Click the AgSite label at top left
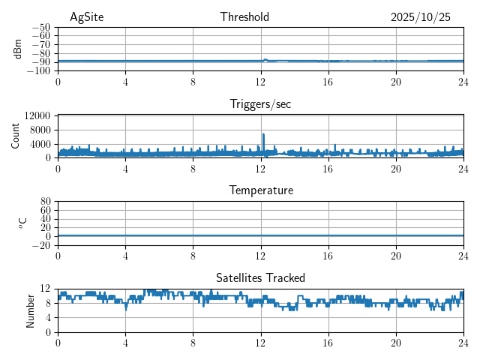(x=86, y=17)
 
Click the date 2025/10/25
(x=421, y=17)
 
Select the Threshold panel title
(x=244, y=17)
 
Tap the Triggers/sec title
(x=260, y=104)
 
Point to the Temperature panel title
(x=260, y=190)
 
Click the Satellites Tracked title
(x=260, y=277)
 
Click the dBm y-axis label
(x=18, y=48)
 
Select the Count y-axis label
(x=15, y=136)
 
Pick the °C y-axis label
(x=22, y=223)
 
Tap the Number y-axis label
(x=31, y=310)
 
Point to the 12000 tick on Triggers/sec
(x=37, y=115)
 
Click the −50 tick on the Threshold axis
(x=40, y=27)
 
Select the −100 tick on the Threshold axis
(x=38, y=71)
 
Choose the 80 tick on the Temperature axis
(x=45, y=202)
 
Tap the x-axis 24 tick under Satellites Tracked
(x=463, y=342)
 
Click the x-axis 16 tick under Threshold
(x=328, y=81)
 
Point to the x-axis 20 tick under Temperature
(x=396, y=255)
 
